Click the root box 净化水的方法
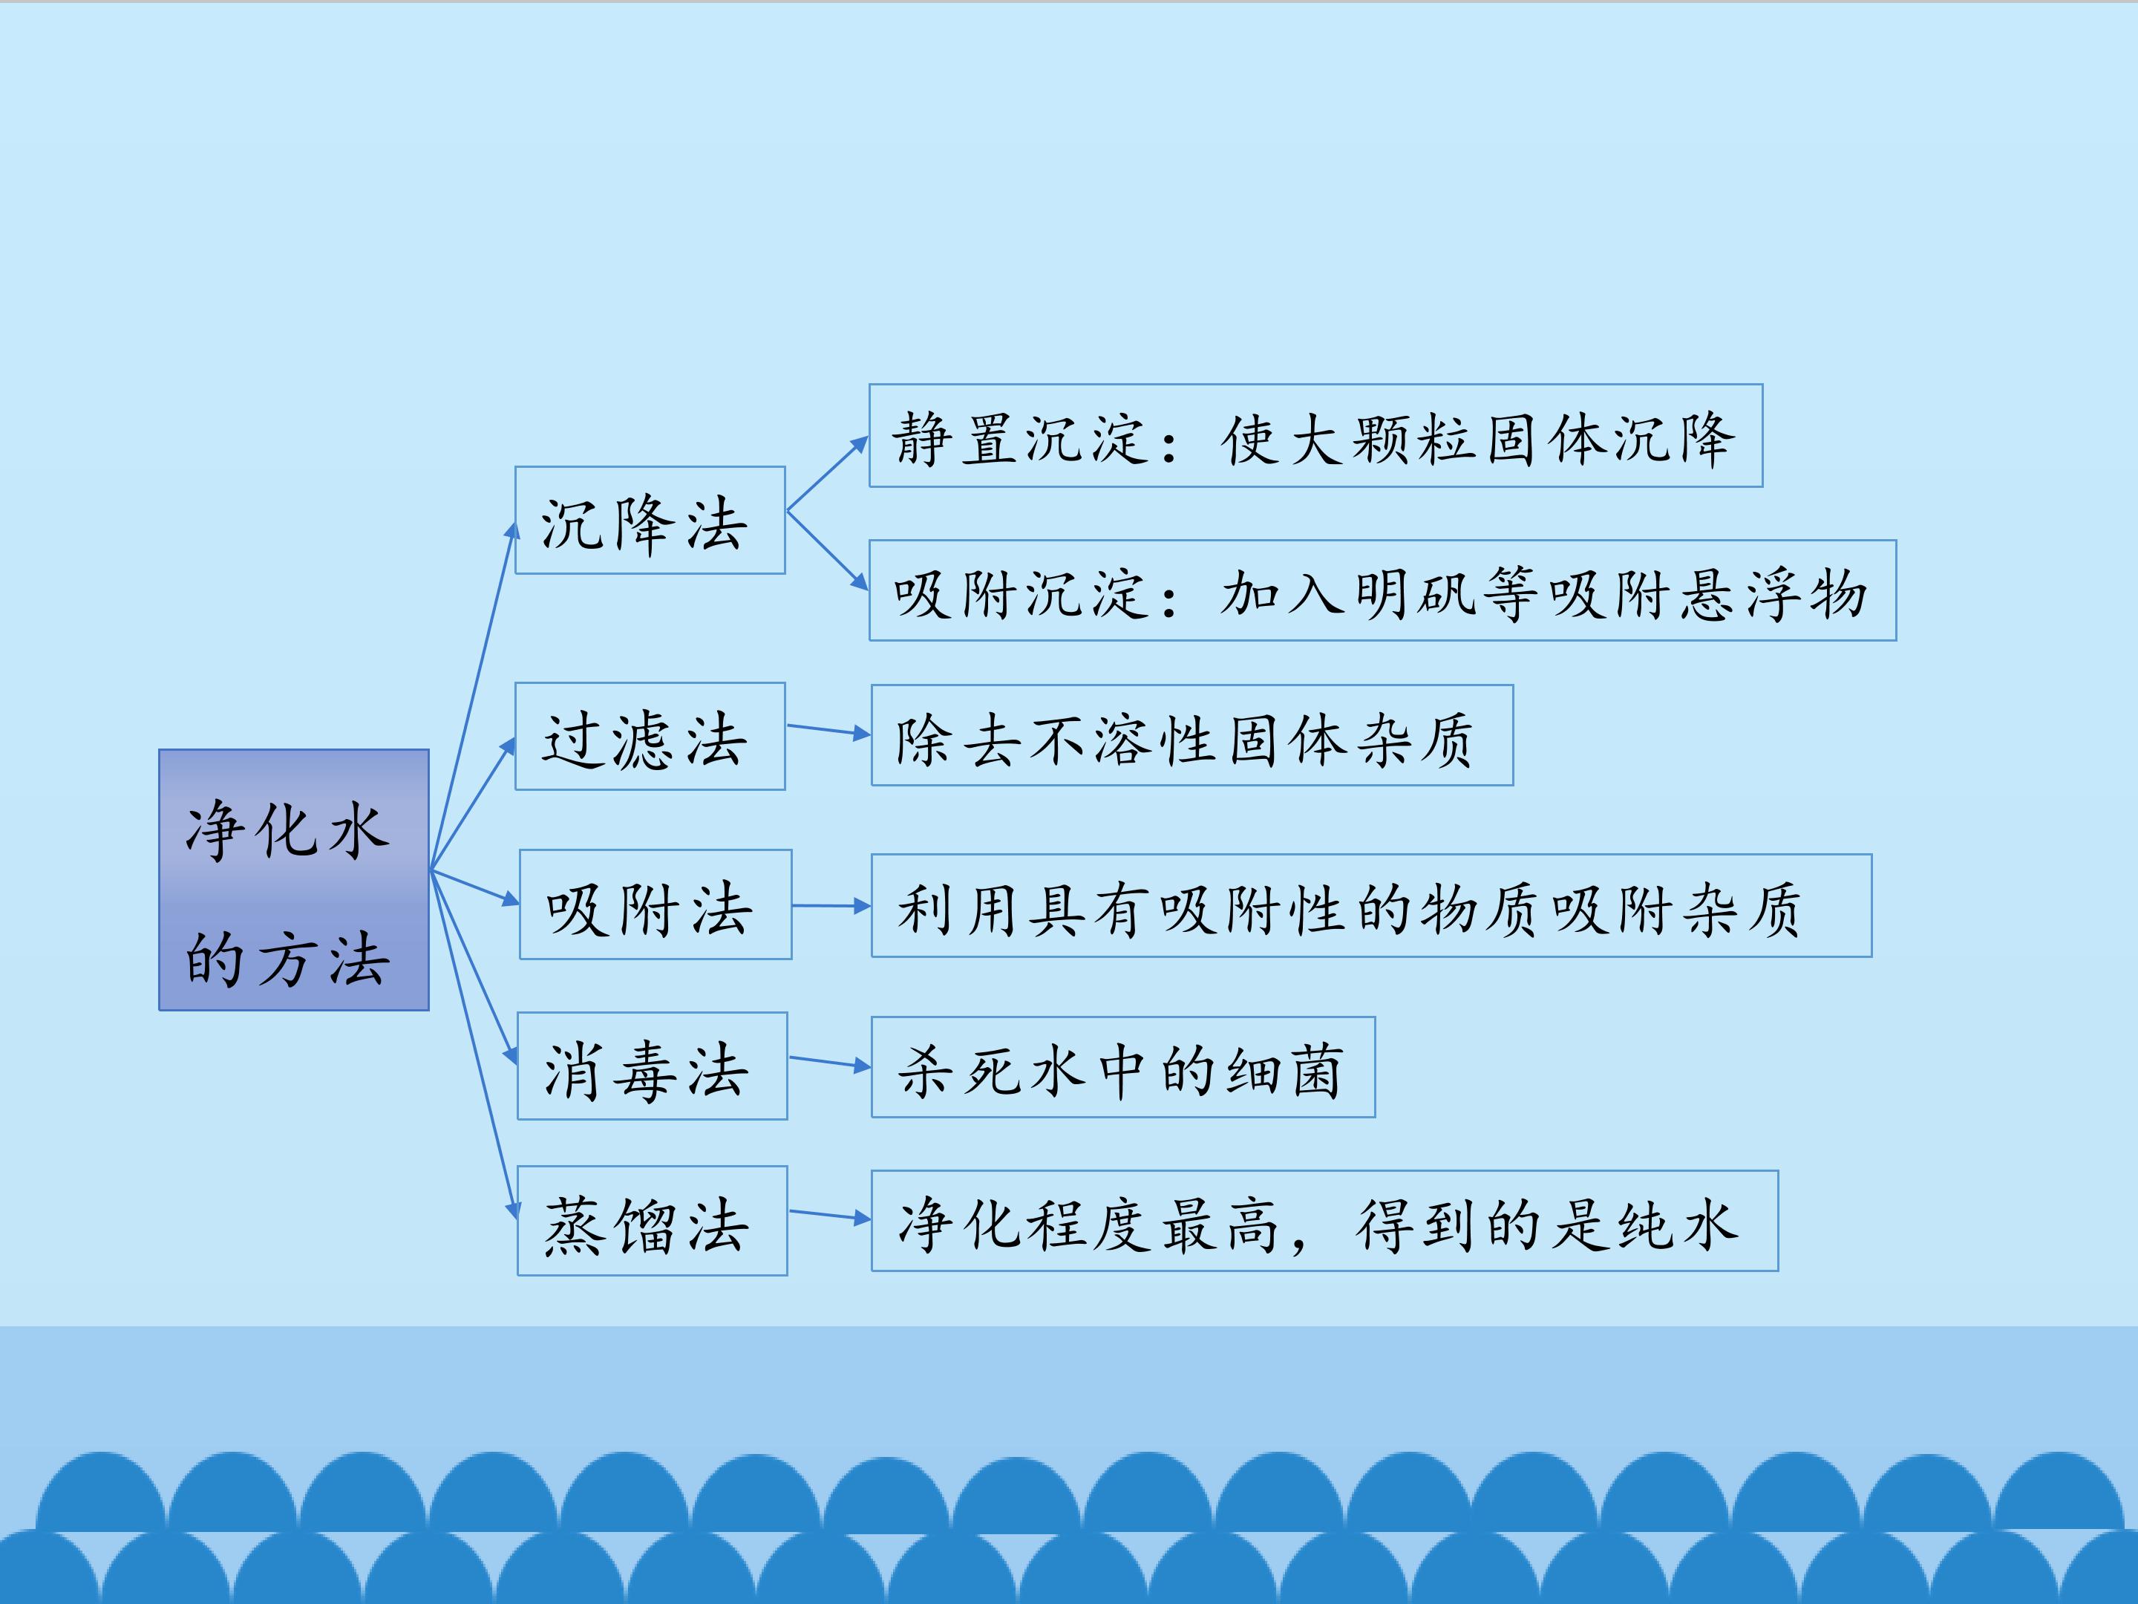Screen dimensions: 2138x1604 click(294, 880)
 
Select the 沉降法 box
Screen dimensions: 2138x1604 click(650, 520)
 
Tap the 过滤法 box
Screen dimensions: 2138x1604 click(650, 736)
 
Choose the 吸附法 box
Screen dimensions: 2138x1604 click(656, 904)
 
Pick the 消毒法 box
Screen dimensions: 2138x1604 click(653, 1066)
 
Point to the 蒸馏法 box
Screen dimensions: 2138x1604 click(653, 1220)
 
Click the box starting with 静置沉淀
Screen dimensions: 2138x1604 click(1315, 435)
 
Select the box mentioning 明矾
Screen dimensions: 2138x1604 click(1382, 590)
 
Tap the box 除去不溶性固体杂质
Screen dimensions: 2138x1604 click(1191, 735)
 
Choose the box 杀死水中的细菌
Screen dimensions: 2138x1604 click(1123, 1066)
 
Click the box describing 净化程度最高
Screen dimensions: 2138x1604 click(1324, 1220)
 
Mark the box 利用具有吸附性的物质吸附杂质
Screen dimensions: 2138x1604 click(1372, 905)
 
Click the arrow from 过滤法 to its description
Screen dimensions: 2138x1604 click(828, 730)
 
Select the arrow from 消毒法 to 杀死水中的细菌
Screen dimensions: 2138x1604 click(829, 1062)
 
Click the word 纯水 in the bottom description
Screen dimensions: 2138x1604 click(1679, 1223)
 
